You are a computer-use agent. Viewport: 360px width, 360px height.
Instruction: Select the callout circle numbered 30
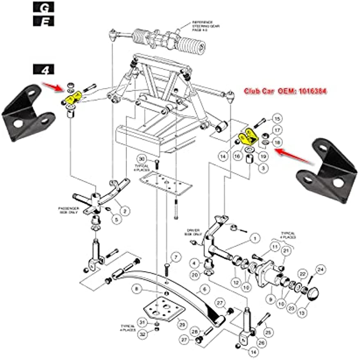click(142, 159)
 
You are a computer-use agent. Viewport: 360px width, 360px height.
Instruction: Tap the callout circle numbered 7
click(175, 257)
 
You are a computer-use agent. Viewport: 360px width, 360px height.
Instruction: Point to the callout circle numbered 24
click(320, 269)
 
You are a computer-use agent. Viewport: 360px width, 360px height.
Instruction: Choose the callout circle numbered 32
click(142, 334)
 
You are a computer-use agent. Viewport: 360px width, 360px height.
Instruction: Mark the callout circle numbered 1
click(254, 238)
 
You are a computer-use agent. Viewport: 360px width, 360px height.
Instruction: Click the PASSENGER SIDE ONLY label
click(68, 211)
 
